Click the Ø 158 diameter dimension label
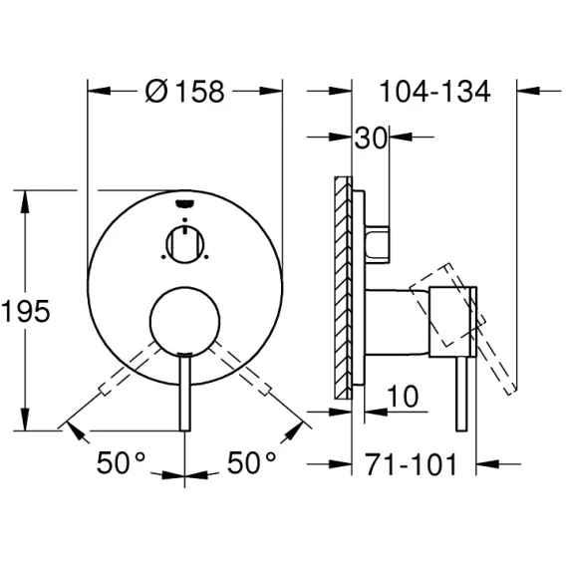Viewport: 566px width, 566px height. [x=184, y=92]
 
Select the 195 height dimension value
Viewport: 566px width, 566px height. [x=25, y=311]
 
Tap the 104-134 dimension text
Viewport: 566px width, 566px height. [x=435, y=92]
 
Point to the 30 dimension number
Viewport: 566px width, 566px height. [x=371, y=138]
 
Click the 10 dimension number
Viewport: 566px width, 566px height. [x=403, y=397]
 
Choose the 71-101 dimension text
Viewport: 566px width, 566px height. [x=412, y=464]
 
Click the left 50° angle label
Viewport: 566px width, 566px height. [x=121, y=462]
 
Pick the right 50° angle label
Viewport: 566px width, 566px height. [x=251, y=462]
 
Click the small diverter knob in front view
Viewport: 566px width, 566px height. [x=184, y=245]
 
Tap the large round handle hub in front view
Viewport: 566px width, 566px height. [x=184, y=321]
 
